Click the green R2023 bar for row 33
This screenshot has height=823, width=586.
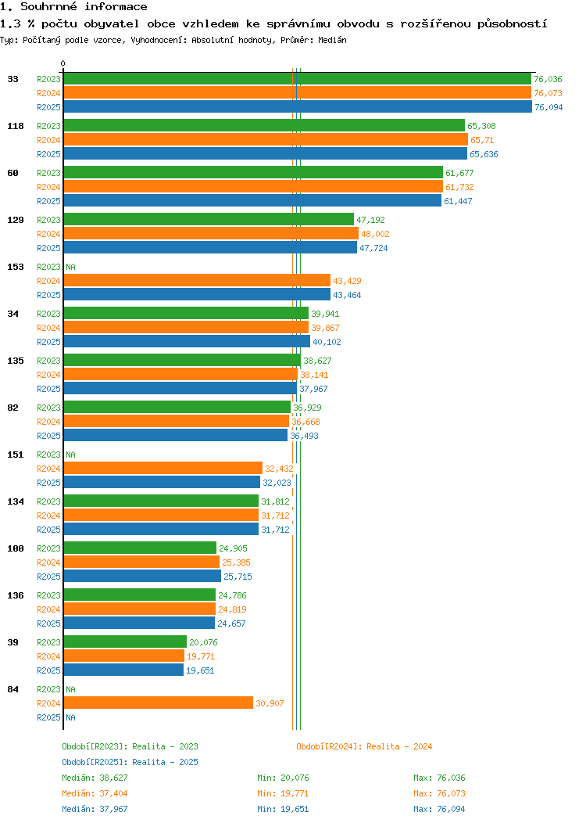click(297, 79)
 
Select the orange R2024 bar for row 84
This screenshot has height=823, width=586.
click(159, 703)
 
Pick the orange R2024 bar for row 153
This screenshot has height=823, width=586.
click(197, 281)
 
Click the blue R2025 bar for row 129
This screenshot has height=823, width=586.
click(210, 248)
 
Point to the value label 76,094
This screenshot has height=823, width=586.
click(548, 107)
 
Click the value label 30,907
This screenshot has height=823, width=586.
click(270, 703)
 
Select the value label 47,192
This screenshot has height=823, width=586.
click(370, 220)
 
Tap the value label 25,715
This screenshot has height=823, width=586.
click(238, 577)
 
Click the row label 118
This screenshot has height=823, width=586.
click(16, 126)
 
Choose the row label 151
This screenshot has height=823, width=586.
click(16, 455)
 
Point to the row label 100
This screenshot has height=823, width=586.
click(16, 548)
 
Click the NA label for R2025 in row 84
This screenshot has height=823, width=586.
click(70, 717)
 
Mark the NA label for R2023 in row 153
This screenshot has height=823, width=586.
click(70, 267)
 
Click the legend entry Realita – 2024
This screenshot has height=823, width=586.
click(364, 746)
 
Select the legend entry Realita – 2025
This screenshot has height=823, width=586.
click(130, 762)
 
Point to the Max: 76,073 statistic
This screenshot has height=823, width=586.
click(439, 793)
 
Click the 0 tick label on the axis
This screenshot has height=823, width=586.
click(63, 63)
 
